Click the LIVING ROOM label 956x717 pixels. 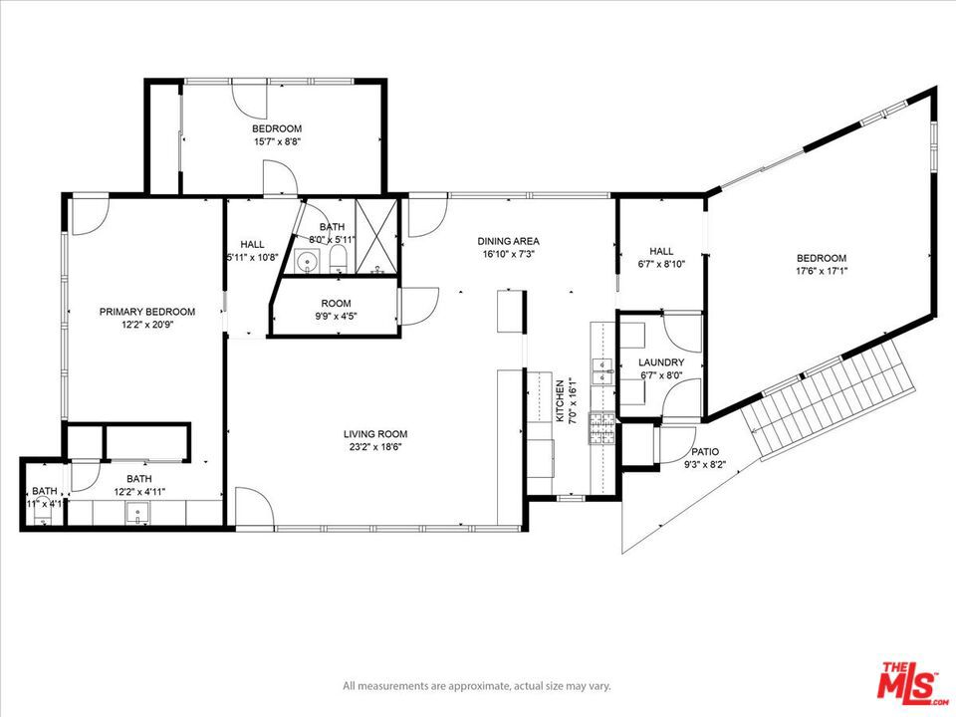click(375, 434)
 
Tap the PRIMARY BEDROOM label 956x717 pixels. click(147, 312)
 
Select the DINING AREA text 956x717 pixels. click(508, 241)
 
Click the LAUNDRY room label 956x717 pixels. click(661, 362)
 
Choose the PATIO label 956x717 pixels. click(705, 451)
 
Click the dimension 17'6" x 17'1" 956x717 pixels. click(821, 271)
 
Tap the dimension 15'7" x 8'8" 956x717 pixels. click(277, 141)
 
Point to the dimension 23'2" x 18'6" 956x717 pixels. click(375, 447)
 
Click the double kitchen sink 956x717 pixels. click(602, 370)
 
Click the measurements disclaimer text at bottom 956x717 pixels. click(477, 686)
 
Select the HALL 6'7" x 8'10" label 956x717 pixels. click(661, 258)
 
